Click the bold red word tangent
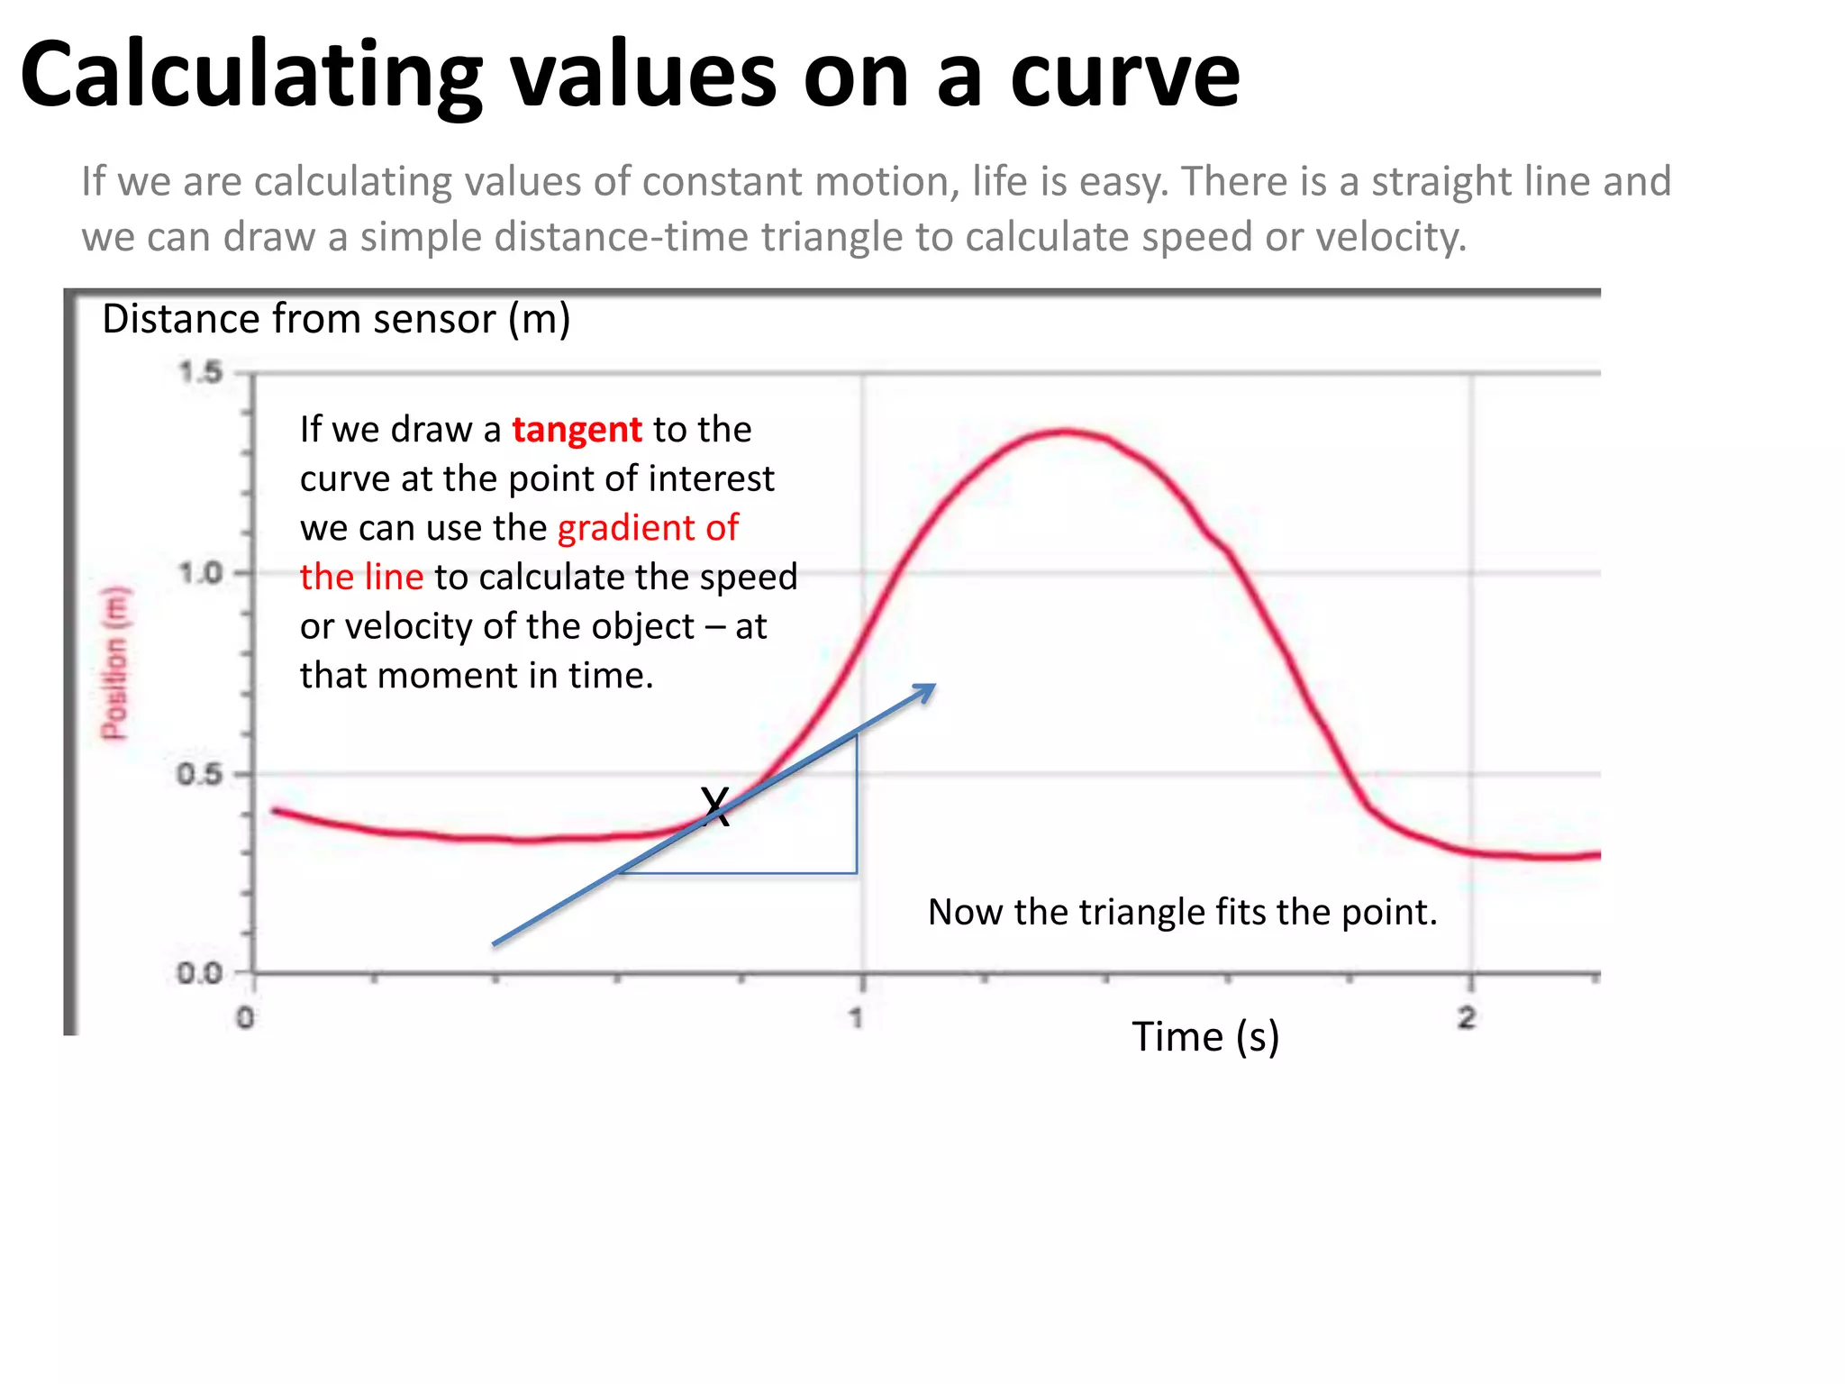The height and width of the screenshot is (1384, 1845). (577, 431)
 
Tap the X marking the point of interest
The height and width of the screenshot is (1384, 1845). (715, 806)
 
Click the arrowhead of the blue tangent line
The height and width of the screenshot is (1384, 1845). (927, 689)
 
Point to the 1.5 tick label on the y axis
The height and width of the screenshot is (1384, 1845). (200, 371)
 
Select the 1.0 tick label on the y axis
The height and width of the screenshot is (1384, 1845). (200, 573)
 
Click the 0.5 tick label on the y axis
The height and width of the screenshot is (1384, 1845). (200, 774)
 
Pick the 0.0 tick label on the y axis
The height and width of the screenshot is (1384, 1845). (200, 974)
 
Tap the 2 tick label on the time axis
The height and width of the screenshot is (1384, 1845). (1467, 1018)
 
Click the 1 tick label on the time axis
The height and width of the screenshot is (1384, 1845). (856, 1018)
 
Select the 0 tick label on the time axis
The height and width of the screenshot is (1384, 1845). (245, 1019)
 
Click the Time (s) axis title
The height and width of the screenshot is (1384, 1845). (1204, 1037)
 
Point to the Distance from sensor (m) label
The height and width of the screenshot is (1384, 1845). (336, 319)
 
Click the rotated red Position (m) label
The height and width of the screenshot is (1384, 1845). (114, 663)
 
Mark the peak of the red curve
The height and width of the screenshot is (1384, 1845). (1066, 432)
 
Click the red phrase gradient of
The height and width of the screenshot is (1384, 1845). (648, 528)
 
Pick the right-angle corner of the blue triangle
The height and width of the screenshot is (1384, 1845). (856, 872)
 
